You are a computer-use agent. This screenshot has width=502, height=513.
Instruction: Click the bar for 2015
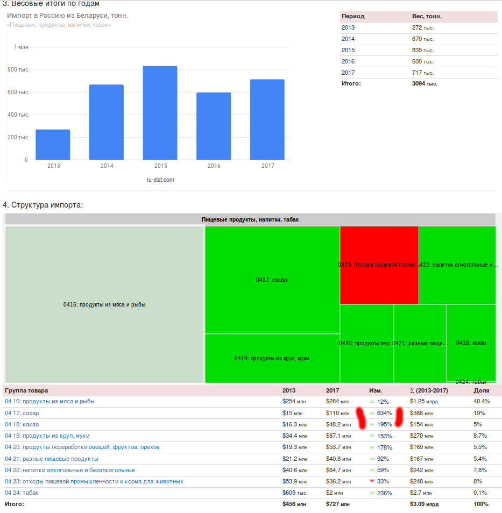coord(160,113)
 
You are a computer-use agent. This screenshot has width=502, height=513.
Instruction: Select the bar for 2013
coord(53,145)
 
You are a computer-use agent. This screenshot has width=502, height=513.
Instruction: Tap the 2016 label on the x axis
coord(214,166)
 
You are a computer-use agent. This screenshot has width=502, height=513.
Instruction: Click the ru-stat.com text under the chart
coord(160,180)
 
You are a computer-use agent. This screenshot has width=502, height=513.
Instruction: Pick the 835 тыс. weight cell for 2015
coord(423,50)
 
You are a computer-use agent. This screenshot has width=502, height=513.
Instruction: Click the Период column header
coord(352,17)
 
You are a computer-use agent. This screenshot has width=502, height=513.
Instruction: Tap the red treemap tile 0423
coord(379,265)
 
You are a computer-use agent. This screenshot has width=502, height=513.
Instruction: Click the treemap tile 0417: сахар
coord(272,280)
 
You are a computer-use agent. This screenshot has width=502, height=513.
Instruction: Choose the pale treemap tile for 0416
coord(104,304)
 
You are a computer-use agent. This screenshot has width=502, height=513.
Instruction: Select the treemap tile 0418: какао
coord(471,343)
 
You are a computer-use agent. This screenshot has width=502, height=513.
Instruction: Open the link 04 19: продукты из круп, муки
coord(47,436)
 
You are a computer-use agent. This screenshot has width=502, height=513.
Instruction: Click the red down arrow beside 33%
coord(372,481)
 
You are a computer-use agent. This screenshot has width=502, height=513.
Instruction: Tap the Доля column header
coord(481,390)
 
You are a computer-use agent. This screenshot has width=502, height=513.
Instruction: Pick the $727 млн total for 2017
coord(337,504)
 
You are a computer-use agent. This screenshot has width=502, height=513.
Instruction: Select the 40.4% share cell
coord(482,402)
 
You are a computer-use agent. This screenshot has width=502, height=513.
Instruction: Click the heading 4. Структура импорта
coord(43,205)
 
